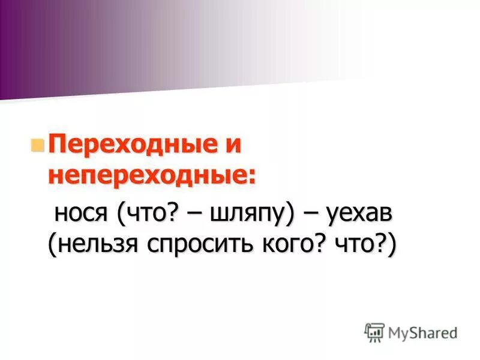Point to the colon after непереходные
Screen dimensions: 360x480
point(250,177)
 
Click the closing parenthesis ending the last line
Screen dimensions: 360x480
point(391,245)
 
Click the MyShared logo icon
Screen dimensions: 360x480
point(374,332)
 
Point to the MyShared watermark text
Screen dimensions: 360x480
point(422,332)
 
